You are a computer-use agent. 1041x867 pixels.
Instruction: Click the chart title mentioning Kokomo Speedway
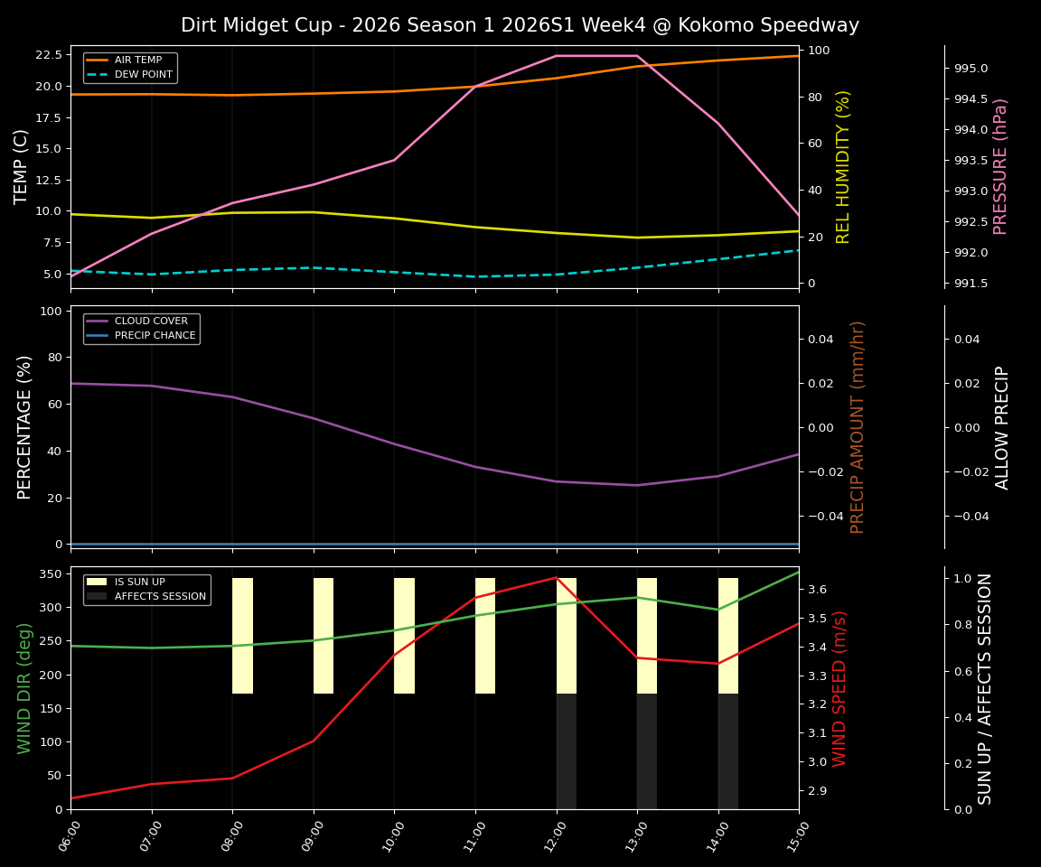(x=520, y=25)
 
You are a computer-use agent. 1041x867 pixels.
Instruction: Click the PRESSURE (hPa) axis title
(x=1000, y=166)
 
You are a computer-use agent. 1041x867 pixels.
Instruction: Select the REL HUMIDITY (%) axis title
(x=843, y=166)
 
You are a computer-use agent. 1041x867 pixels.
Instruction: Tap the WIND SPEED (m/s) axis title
(x=840, y=688)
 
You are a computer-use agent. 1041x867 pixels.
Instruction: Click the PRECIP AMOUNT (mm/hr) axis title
(x=858, y=426)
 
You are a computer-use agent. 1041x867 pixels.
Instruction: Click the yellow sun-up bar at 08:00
(x=242, y=636)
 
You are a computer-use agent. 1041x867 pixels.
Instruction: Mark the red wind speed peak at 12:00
(x=557, y=577)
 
